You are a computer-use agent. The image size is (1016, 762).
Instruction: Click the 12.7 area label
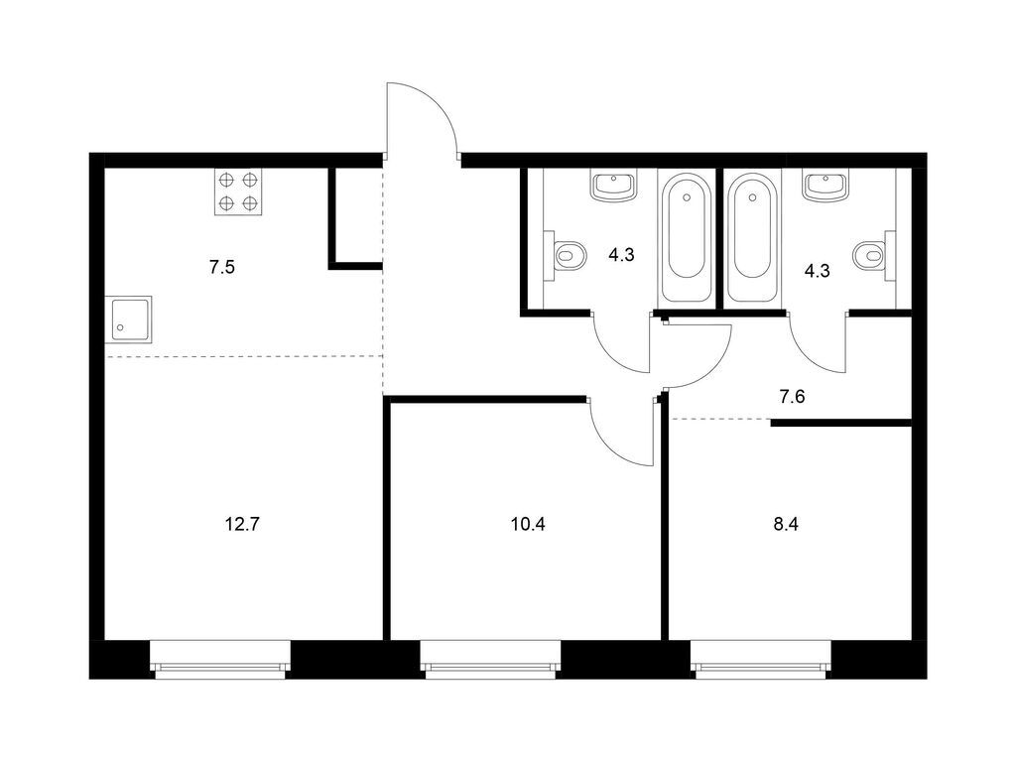(242, 524)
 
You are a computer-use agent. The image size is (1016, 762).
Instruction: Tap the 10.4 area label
(528, 524)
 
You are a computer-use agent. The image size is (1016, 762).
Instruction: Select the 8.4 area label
(786, 524)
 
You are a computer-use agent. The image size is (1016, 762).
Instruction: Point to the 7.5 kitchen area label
(221, 267)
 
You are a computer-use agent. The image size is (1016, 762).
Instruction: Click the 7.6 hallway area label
(792, 397)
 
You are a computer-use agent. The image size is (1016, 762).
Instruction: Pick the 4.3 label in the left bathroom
(621, 255)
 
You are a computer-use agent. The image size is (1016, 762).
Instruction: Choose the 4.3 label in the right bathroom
(818, 271)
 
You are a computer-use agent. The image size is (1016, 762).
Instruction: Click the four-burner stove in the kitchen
(238, 191)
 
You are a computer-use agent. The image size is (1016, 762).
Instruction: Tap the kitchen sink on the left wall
(129, 319)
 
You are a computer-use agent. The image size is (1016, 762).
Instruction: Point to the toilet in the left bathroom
(565, 255)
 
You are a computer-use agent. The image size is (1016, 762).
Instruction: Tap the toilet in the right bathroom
(874, 255)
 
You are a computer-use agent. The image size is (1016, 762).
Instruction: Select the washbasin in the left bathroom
(613, 185)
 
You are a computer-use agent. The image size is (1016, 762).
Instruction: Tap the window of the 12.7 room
(220, 660)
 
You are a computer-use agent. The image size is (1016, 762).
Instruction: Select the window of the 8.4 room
(761, 660)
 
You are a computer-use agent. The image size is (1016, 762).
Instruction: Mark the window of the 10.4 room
(490, 660)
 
